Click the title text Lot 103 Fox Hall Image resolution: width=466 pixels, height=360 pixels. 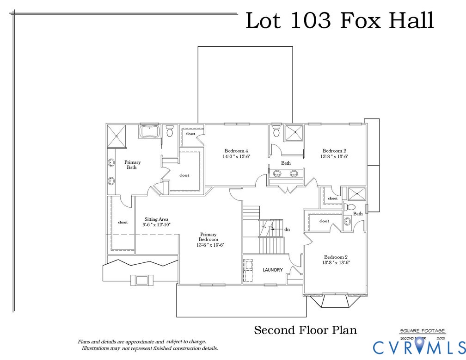pos(339,21)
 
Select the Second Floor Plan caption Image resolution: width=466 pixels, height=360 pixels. pos(306,330)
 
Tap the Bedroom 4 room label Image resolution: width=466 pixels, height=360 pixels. pos(237,151)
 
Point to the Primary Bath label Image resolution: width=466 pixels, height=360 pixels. pos(132,165)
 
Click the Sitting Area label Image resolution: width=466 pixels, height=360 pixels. pos(156,219)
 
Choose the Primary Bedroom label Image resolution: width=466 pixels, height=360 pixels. pos(208,237)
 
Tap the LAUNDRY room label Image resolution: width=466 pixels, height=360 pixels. pos(273,270)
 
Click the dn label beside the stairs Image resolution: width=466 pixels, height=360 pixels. pos(287,229)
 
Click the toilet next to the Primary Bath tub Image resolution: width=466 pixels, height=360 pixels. pos(169,131)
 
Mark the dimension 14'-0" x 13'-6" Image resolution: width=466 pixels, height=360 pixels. pos(236,157)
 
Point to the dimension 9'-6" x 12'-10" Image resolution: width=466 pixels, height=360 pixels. pos(157,225)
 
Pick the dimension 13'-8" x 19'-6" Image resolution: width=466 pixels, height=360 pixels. pos(208,245)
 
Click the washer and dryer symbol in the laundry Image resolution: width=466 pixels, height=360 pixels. pos(249,270)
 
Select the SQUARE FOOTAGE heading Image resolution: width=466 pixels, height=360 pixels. pos(423,331)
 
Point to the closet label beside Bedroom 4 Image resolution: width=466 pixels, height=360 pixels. pos(190,134)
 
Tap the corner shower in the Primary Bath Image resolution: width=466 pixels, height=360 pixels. pos(117,136)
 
